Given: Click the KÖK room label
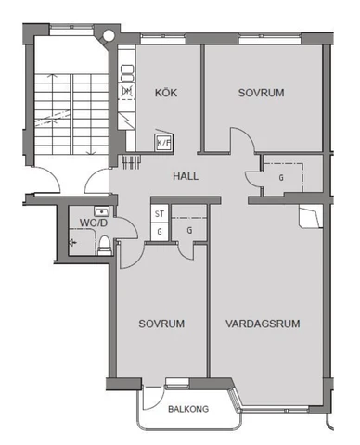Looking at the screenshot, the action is (166, 93).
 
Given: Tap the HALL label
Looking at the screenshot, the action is (186, 176).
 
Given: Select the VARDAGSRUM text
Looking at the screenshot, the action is (263, 324).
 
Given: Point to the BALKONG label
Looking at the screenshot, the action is (188, 409).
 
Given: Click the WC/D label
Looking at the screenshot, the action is (93, 222).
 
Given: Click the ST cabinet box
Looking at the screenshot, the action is (160, 214).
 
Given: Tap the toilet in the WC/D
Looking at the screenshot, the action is (105, 246).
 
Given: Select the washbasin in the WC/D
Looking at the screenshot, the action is (101, 212).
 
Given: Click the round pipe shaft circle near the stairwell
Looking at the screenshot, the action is (108, 35).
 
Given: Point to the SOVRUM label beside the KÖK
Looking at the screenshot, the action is (261, 93).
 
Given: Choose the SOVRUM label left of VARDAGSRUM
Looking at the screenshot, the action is (161, 324).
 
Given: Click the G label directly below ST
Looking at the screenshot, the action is (160, 232).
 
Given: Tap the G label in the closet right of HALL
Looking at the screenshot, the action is (281, 178).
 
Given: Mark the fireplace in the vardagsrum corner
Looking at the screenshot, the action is (310, 217).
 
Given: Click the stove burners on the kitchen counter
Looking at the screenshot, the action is (127, 73).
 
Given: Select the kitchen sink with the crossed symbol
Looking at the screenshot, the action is (127, 91).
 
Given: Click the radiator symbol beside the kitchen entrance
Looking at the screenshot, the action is (132, 161).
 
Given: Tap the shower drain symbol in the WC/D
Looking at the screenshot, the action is (72, 242).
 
